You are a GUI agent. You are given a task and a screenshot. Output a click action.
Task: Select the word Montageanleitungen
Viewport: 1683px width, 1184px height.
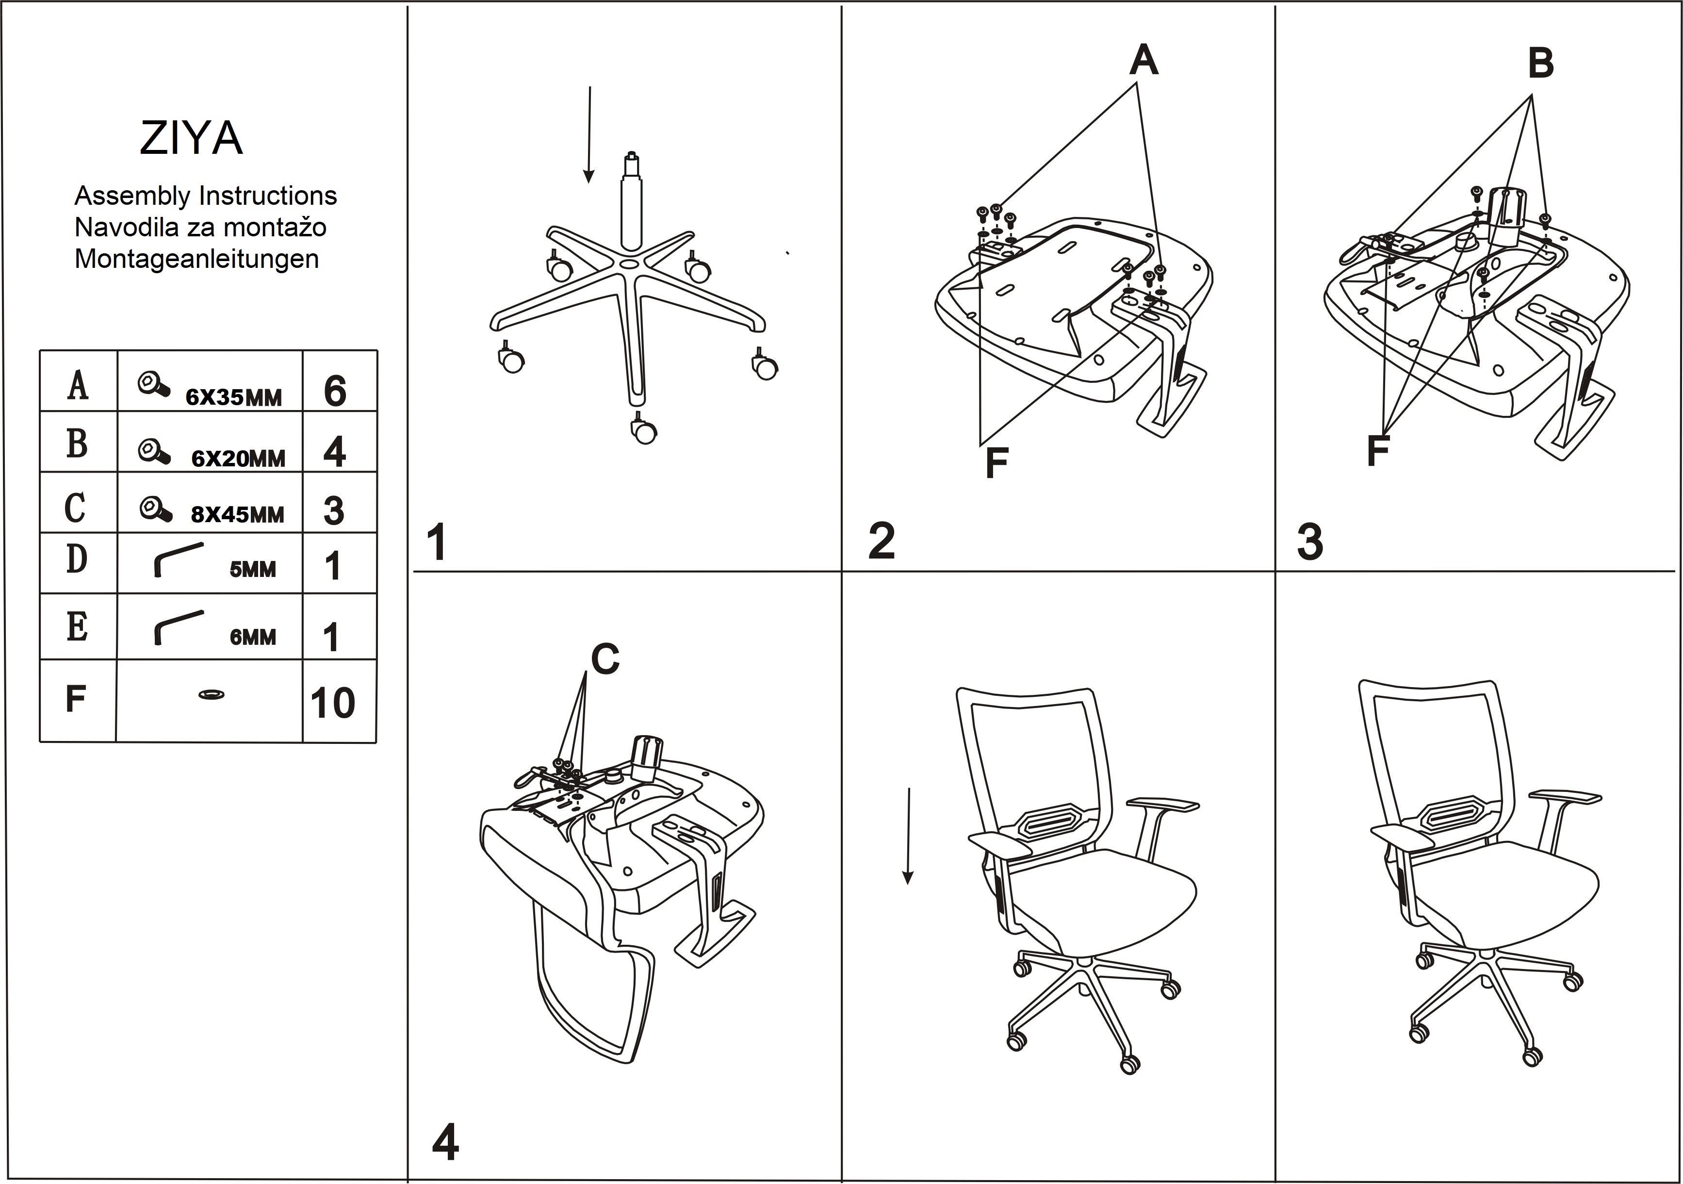[196, 259]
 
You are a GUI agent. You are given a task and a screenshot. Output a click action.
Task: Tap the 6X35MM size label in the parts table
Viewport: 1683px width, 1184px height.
[233, 397]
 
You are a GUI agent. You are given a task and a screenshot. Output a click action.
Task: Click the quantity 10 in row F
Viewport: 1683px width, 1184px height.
[333, 703]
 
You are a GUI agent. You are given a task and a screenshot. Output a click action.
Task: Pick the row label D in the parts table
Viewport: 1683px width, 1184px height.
[77, 559]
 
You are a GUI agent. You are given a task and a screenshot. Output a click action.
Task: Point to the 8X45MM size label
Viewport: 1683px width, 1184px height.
[238, 515]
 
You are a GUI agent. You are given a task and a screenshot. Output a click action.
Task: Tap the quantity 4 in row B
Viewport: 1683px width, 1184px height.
[334, 452]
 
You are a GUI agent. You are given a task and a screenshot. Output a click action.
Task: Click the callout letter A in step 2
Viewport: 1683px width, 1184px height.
[1144, 60]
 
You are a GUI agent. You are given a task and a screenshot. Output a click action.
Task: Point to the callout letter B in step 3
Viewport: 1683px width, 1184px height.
[1540, 63]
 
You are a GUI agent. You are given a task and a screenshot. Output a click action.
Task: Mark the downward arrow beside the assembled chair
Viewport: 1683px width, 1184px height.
[908, 836]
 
